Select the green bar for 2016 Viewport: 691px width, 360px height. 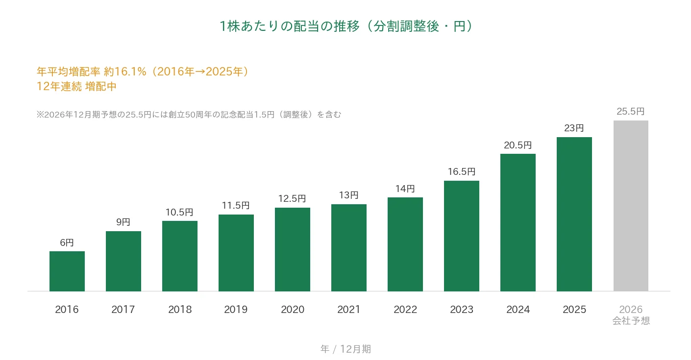(x=67, y=271)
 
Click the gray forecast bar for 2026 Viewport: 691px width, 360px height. (x=631, y=206)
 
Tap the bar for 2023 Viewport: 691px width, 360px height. (x=462, y=236)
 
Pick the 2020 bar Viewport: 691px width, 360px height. (x=293, y=249)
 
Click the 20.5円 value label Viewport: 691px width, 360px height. (x=518, y=145)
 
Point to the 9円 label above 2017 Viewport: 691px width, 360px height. (x=123, y=222)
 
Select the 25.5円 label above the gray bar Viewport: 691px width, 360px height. (x=631, y=111)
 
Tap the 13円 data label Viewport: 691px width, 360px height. (x=348, y=195)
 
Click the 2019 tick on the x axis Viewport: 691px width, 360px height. (x=236, y=309)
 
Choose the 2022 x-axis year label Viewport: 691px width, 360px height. (x=405, y=309)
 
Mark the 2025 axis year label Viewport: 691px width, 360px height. (x=574, y=309)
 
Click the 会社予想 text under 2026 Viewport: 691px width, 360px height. (x=631, y=321)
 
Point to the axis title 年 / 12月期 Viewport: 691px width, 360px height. (x=345, y=349)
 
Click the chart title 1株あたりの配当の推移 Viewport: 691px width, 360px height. (x=289, y=26)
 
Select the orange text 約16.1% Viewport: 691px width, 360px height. (x=125, y=72)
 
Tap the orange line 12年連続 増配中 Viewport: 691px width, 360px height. (x=76, y=86)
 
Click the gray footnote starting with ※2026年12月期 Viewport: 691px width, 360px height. (x=189, y=115)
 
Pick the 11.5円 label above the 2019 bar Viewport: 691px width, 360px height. (x=236, y=205)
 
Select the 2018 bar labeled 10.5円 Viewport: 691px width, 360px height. (x=180, y=256)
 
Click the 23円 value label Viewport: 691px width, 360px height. (x=574, y=128)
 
